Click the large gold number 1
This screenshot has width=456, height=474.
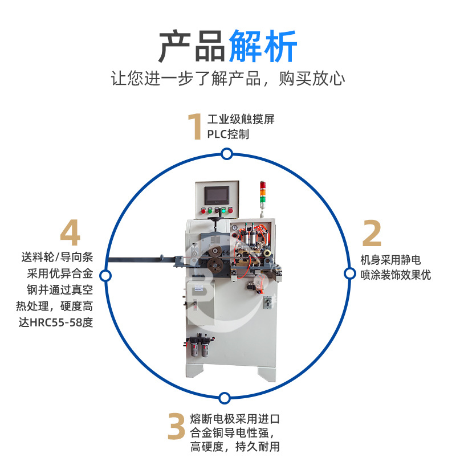[x=195, y=126]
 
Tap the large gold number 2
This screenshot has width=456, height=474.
[x=372, y=234]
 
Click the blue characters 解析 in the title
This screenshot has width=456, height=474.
[x=263, y=46]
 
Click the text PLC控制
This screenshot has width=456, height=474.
[x=228, y=134]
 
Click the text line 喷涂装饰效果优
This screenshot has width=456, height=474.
[x=396, y=275]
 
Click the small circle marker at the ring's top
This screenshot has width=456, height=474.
[x=227, y=154]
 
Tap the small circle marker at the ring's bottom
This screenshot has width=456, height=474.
[x=225, y=398]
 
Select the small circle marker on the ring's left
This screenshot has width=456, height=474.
[x=105, y=276]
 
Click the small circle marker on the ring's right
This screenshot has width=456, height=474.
[x=349, y=273]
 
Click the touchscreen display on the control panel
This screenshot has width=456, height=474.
[x=216, y=195]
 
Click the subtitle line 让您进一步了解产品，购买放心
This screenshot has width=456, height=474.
[x=228, y=78]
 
